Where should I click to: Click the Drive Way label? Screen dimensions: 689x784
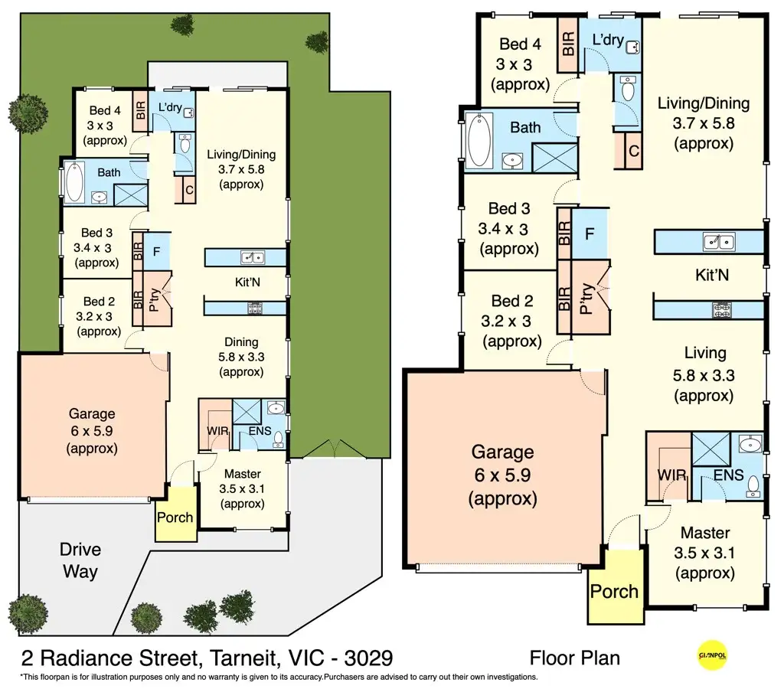[x=80, y=560]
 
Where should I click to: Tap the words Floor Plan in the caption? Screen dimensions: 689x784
[x=574, y=658]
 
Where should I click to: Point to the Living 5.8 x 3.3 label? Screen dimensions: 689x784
[x=704, y=374]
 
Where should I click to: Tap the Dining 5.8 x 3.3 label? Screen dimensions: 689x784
[x=241, y=357]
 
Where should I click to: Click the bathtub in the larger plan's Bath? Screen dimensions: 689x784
[x=479, y=139]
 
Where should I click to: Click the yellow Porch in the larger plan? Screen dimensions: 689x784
[x=614, y=590]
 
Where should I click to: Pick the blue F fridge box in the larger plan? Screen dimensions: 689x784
[x=590, y=233]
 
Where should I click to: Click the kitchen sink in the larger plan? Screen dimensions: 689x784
[x=719, y=243]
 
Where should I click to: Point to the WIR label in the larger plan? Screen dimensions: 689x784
[x=671, y=475]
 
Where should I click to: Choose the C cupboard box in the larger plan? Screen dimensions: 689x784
[x=634, y=151]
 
